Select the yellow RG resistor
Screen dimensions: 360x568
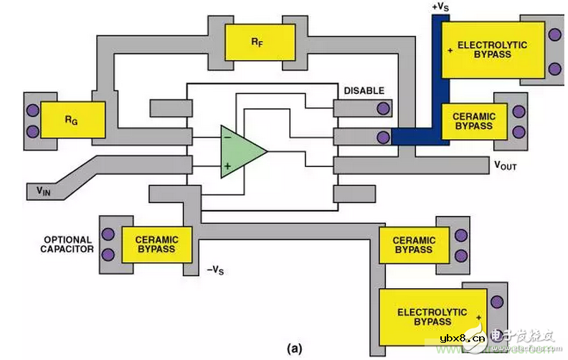click(73, 120)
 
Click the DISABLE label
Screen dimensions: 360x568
click(364, 91)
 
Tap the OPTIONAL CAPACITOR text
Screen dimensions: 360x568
click(68, 245)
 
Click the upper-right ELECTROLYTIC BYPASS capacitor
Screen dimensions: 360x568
click(482, 49)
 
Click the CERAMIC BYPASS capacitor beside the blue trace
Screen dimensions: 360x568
click(473, 120)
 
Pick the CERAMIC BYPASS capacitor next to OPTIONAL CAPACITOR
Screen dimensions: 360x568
click(156, 244)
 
